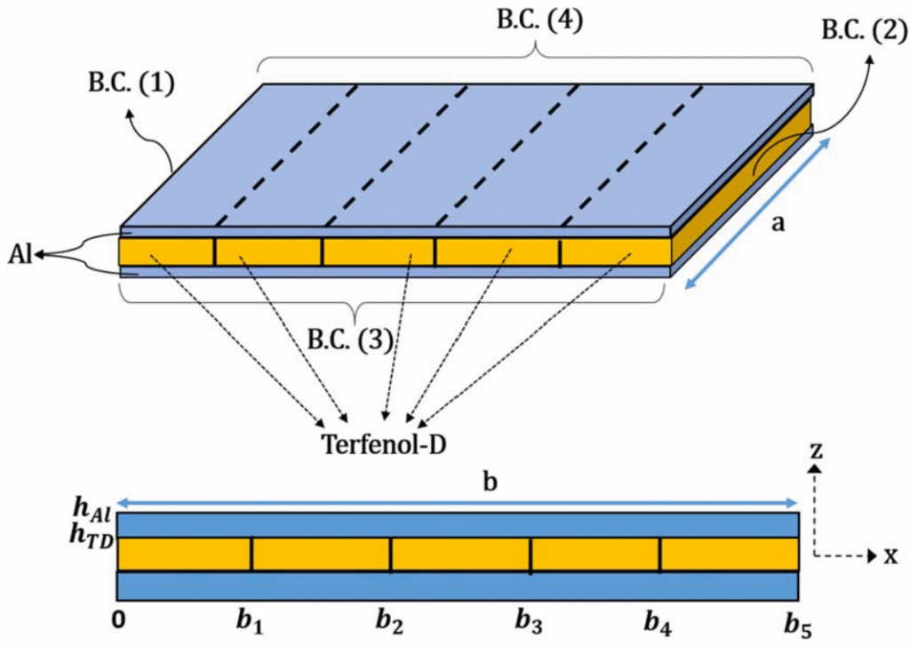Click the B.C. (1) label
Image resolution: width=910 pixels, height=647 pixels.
coord(132,83)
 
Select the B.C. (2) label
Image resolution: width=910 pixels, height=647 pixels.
coord(865,29)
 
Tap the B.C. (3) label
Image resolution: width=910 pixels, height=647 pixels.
coord(350,340)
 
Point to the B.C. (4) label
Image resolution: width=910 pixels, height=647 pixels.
coord(539,20)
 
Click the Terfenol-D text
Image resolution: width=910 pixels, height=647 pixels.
coord(384,444)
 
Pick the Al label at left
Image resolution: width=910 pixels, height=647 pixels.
coord(20,254)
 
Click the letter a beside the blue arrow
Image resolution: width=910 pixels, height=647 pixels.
coord(778,222)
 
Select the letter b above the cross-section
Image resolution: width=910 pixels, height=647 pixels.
coord(491,481)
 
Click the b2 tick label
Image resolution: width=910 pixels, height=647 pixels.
coord(389,622)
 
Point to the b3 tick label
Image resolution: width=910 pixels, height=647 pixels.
coord(530,622)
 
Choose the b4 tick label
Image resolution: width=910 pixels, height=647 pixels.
coord(659,622)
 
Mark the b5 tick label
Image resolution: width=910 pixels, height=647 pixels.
coord(798,623)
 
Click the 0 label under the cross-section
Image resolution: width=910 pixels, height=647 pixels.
coord(118,620)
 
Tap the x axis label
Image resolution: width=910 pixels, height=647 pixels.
coord(890,555)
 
